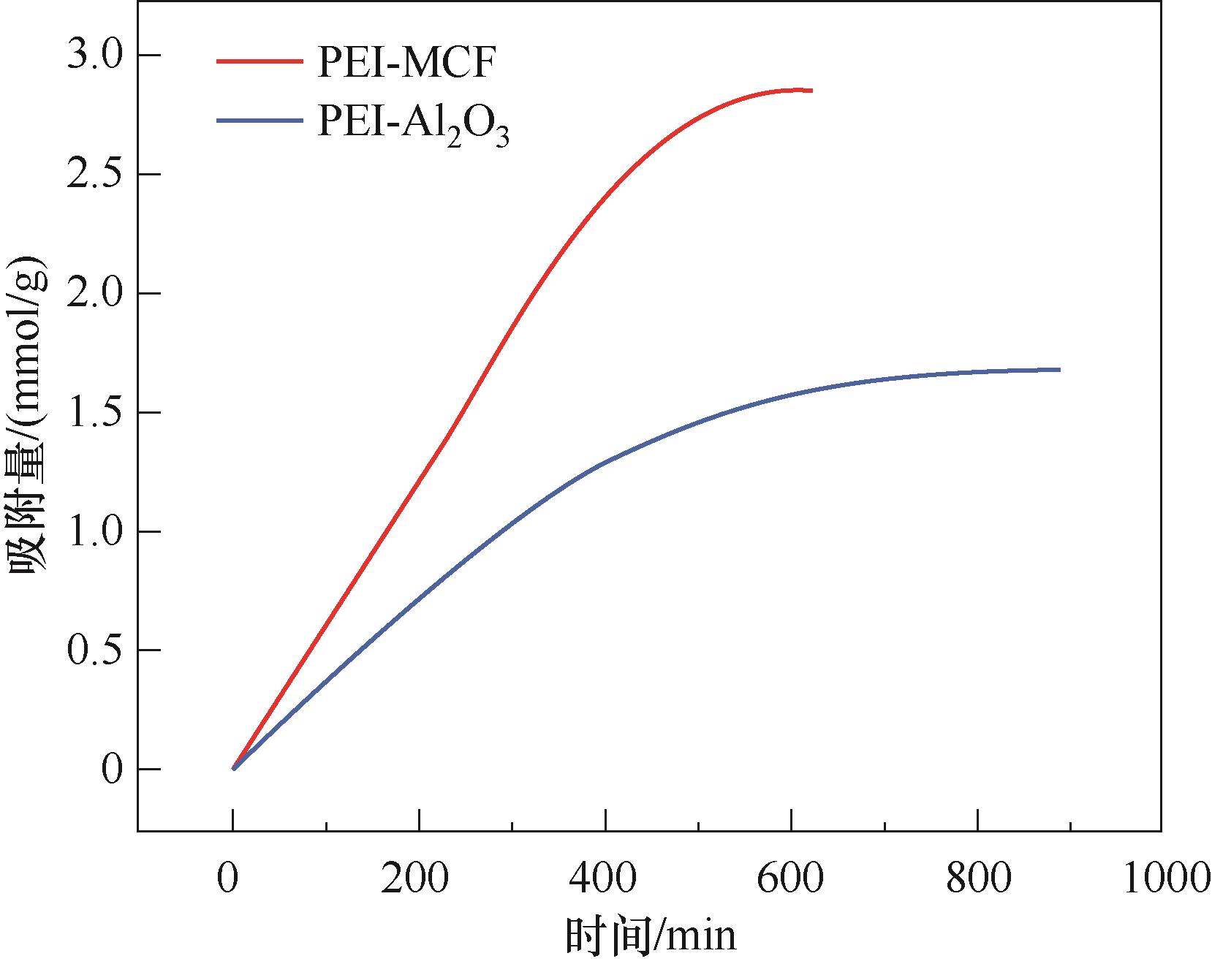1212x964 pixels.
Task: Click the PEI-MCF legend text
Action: coord(406,64)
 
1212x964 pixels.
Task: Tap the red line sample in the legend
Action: coord(259,61)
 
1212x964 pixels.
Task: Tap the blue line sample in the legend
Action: coord(259,120)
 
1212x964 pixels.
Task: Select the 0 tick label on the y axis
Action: coord(111,770)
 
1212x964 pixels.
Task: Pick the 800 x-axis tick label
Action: coord(978,878)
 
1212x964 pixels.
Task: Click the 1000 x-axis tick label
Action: coord(1162,878)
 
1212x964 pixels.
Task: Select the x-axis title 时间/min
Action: coord(650,936)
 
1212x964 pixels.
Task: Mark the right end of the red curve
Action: coord(811,91)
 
